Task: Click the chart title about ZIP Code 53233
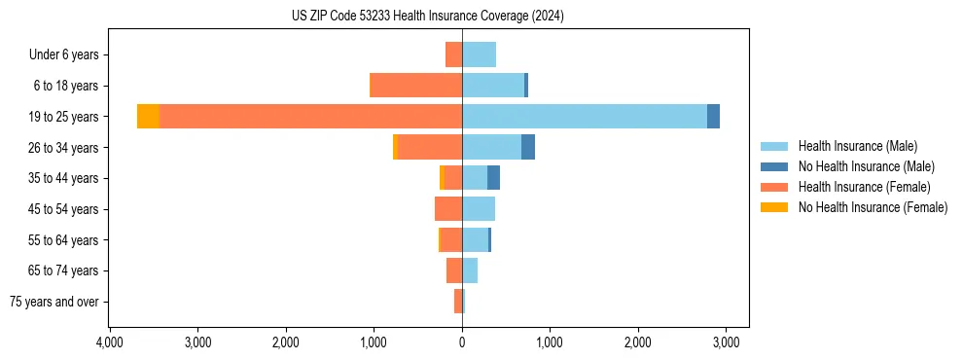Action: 427,16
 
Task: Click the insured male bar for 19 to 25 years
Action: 585,116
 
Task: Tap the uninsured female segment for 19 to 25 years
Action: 148,116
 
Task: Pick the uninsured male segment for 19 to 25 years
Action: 713,116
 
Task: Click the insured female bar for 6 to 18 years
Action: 416,86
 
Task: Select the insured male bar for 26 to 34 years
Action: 491,147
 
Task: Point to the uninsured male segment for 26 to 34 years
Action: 528,147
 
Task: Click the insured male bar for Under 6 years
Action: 479,54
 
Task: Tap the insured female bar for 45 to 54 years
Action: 448,208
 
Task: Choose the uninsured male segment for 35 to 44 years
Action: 493,178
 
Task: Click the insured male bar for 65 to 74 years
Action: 470,270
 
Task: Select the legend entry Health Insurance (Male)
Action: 857,146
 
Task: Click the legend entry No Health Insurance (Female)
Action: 873,207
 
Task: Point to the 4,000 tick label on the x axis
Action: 109,342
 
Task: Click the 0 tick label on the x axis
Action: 462,342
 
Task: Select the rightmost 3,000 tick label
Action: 726,342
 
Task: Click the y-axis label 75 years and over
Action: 54,302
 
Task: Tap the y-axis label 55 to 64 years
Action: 64,239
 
